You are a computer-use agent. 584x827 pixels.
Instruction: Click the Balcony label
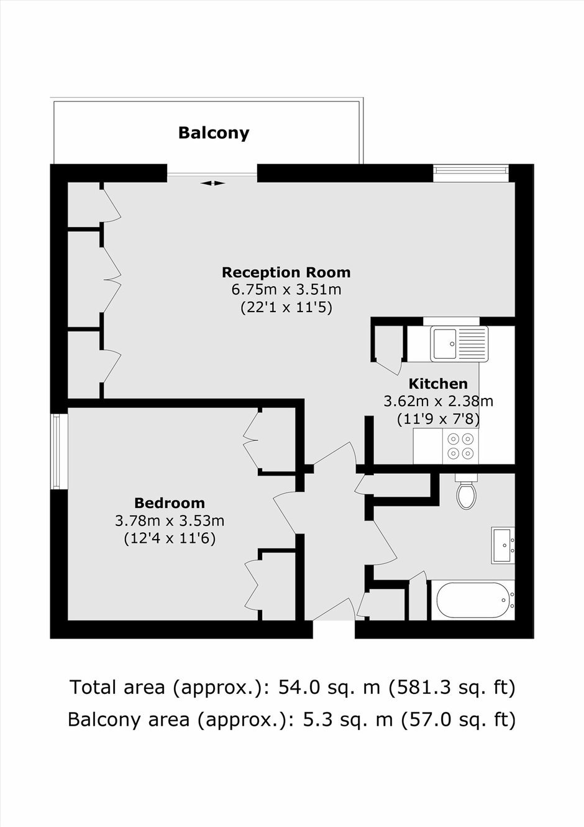tap(214, 133)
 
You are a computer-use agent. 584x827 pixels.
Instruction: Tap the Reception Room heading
tap(286, 272)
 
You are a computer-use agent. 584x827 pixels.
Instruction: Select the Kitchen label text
tap(438, 384)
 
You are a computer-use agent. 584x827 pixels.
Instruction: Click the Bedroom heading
tap(170, 503)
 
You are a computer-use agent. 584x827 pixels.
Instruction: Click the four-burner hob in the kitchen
tap(460, 446)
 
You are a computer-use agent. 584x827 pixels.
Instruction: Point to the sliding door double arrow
tap(213, 183)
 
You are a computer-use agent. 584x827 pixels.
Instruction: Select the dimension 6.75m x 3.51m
tap(286, 290)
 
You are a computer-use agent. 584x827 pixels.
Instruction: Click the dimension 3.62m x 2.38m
tap(438, 401)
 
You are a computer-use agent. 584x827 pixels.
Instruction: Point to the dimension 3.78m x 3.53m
tap(170, 521)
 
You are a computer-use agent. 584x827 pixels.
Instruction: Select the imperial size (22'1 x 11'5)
tap(286, 308)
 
